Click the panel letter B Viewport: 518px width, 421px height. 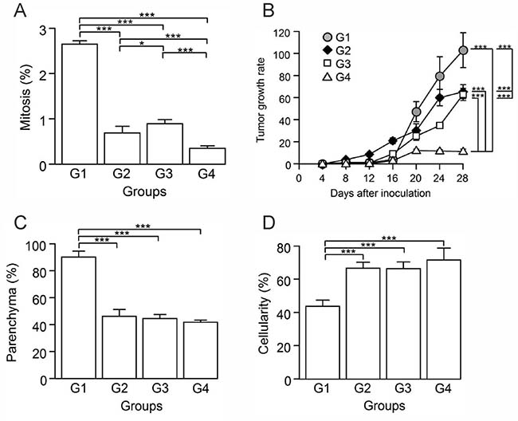point(270,11)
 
